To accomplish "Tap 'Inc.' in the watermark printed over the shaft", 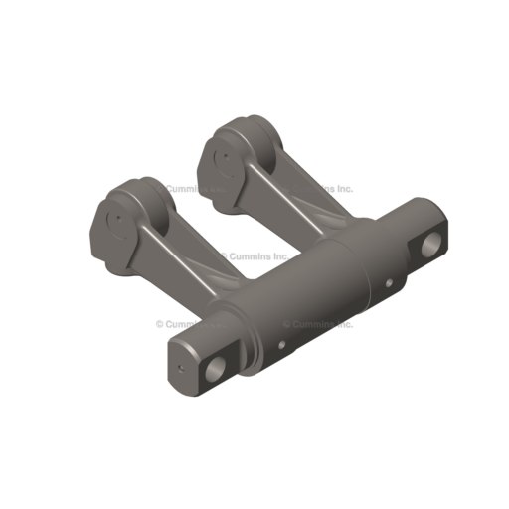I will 344,323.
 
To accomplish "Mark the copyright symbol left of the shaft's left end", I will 159,324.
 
